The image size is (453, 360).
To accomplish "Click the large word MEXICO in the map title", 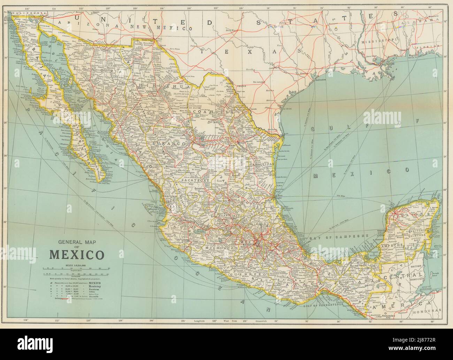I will pyautogui.click(x=76, y=255).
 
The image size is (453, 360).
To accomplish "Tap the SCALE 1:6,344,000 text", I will pyautogui.click(x=76, y=266).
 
